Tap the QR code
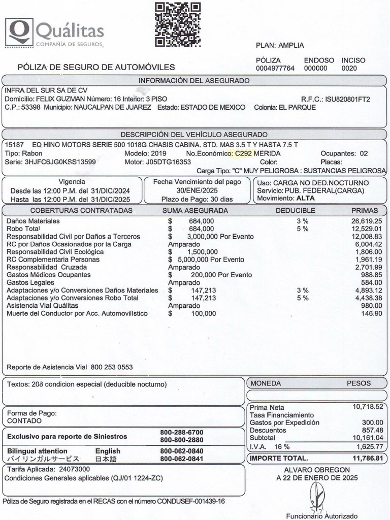tap(177, 25)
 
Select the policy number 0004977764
tap(275, 68)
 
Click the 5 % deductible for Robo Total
tap(302, 229)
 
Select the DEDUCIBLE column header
tap(296, 210)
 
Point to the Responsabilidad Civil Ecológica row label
tap(52, 252)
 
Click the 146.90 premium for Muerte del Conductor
tap(371, 313)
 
